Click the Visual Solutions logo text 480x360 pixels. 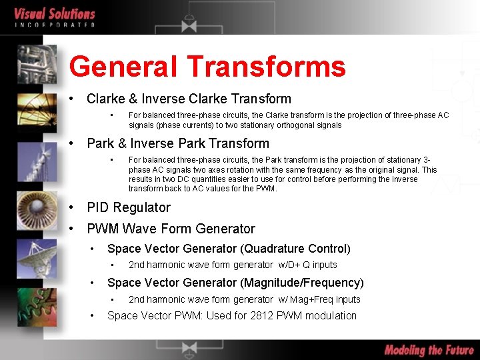coord(55,13)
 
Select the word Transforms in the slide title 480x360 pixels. coord(266,67)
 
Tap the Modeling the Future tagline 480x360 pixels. coord(429,350)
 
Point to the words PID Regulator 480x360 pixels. coord(129,207)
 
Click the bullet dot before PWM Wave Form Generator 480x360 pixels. coord(71,229)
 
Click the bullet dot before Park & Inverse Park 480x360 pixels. coord(71,143)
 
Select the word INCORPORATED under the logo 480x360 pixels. coord(55,25)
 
